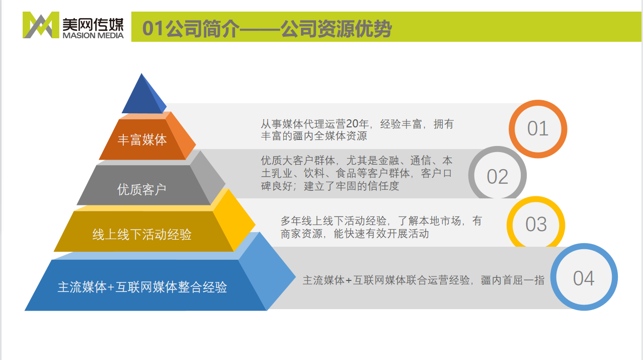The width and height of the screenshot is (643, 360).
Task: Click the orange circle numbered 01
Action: pyautogui.click(x=537, y=129)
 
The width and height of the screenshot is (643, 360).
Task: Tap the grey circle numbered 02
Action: pyautogui.click(x=497, y=176)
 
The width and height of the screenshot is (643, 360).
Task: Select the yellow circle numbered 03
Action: pyautogui.click(x=536, y=225)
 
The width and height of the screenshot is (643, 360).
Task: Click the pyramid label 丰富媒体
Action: pyautogui.click(x=142, y=139)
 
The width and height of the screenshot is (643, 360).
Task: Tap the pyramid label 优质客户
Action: pyautogui.click(x=141, y=189)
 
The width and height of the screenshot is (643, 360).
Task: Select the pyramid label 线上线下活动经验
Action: pyautogui.click(x=142, y=235)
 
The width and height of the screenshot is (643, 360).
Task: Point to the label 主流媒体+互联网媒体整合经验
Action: pyautogui.click(x=142, y=287)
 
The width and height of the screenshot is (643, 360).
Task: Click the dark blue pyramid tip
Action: pyautogui.click(x=142, y=96)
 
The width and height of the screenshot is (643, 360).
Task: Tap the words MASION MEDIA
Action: pyautogui.click(x=94, y=35)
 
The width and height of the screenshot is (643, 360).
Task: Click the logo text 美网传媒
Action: pyautogui.click(x=94, y=22)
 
